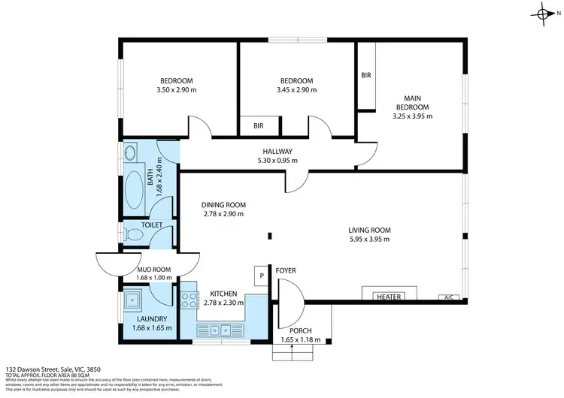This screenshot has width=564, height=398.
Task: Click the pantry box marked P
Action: point(261,276)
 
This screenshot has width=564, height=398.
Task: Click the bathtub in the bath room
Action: point(136,188)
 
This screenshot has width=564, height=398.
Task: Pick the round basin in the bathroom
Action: point(129,154)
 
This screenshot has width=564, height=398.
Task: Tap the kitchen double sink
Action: point(220,328)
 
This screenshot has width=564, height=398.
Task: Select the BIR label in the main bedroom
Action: point(366,75)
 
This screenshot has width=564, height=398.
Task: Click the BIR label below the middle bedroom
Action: point(258,126)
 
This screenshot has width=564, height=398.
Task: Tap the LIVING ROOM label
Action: point(369,230)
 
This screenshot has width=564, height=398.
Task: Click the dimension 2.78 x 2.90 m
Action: point(223,214)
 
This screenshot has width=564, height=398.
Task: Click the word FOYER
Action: point(285,270)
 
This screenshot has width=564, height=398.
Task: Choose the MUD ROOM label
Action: point(154,269)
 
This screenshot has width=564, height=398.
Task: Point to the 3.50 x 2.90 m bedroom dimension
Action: point(177,90)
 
